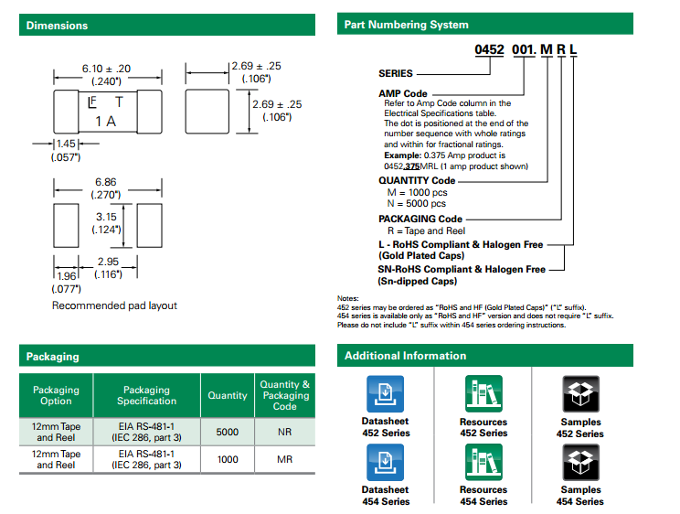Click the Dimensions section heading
[x=58, y=26]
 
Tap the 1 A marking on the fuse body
[x=106, y=121]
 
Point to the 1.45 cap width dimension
[x=66, y=144]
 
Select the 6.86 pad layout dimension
[x=106, y=183]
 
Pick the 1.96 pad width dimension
[x=65, y=275]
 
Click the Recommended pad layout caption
[x=114, y=305]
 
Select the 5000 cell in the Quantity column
[x=228, y=432]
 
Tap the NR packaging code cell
[x=284, y=432]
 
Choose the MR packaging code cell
[x=284, y=459]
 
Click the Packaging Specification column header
[x=146, y=395]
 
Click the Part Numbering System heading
[x=406, y=25]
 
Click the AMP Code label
[x=402, y=93]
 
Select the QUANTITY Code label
[x=416, y=180]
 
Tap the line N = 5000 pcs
[x=417, y=203]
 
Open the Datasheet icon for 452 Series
[x=385, y=393]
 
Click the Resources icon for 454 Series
[x=483, y=462]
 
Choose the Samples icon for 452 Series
[x=580, y=393]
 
